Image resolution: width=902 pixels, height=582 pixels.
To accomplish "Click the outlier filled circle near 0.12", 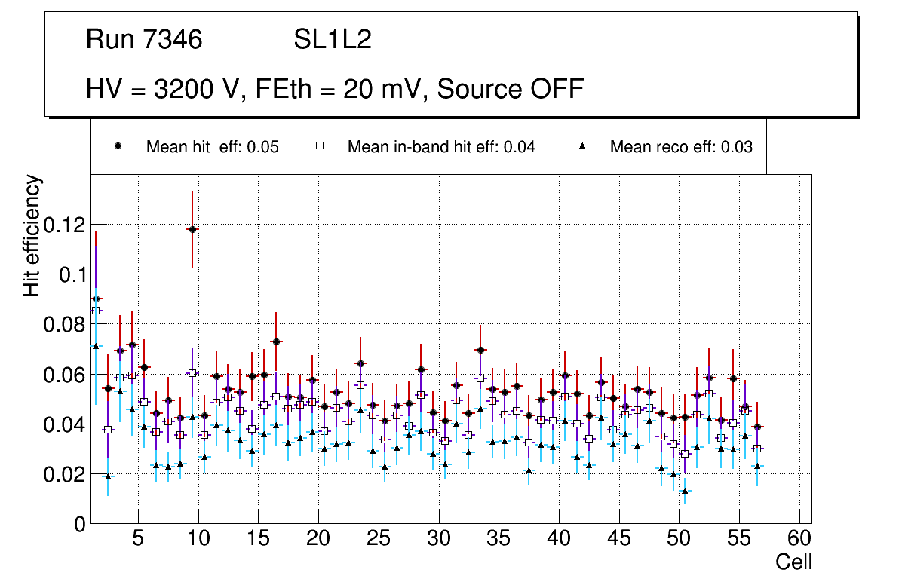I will click(192, 229).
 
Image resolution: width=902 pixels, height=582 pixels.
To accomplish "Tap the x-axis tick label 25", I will click(378, 540).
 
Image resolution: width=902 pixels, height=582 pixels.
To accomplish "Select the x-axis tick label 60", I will click(799, 540).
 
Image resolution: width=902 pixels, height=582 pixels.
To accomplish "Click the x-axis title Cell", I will click(793, 562).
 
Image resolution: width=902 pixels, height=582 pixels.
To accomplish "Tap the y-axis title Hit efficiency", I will click(32, 236).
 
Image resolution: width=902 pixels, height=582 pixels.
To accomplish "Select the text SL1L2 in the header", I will click(333, 40).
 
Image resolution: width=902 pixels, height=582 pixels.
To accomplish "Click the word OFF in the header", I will click(557, 89).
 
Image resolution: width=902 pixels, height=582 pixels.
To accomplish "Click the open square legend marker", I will click(320, 147).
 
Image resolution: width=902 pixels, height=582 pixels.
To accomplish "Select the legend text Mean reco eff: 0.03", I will click(681, 147).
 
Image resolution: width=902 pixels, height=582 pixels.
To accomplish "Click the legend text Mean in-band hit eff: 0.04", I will click(441, 147).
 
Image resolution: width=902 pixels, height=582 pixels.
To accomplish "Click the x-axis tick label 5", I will click(138, 540).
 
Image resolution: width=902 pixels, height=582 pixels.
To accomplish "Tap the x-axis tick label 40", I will click(559, 540).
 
